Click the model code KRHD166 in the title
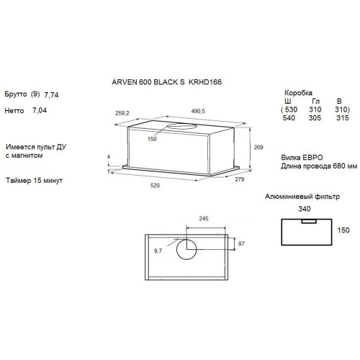[205, 82]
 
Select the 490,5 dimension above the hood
[198, 111]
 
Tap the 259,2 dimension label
[122, 113]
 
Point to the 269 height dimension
[258, 147]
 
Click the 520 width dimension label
[155, 185]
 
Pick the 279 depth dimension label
[239, 179]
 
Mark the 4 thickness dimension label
[109, 157]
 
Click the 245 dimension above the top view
[204, 219]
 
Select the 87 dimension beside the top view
[241, 243]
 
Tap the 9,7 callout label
[158, 251]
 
